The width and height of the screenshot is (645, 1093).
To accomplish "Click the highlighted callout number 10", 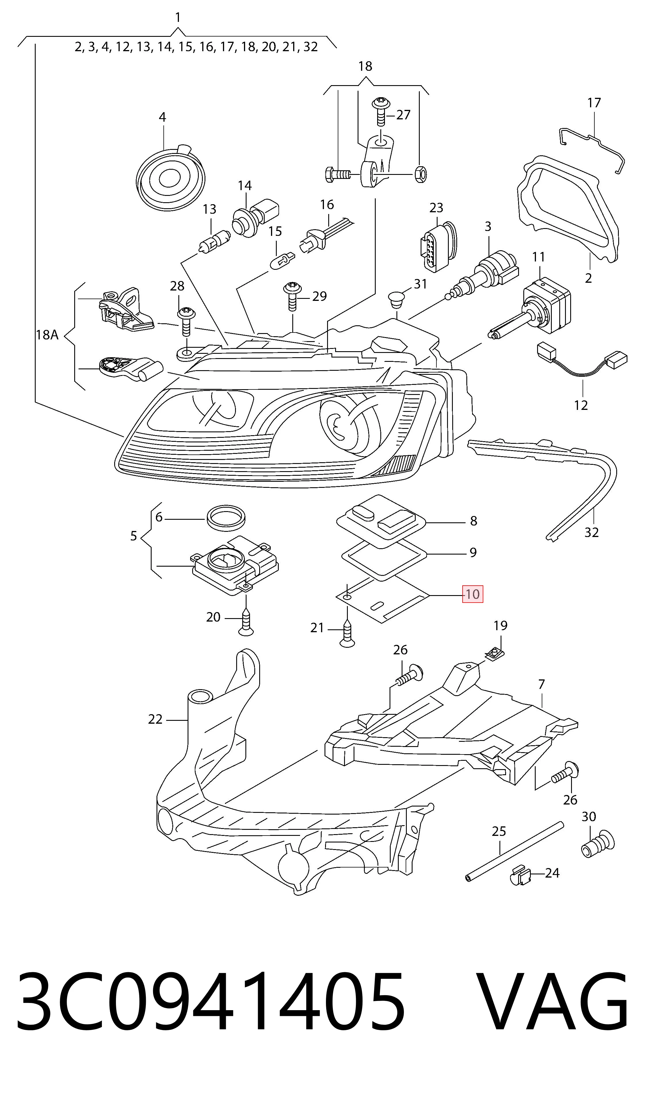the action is point(472,594).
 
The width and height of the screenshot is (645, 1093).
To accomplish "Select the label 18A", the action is point(47,335).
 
